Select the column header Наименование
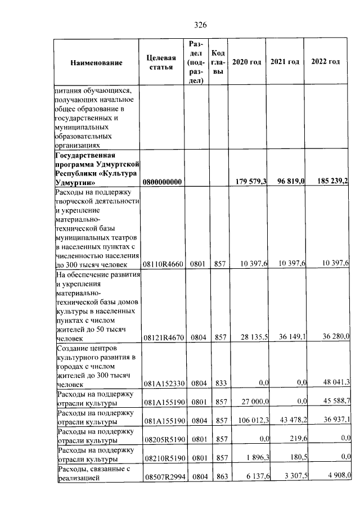(x=96, y=62)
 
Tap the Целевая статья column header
(x=161, y=62)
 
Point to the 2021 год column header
(x=285, y=61)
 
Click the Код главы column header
(x=218, y=62)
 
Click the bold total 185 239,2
(x=329, y=181)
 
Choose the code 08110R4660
(x=162, y=264)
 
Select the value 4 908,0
(x=336, y=476)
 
